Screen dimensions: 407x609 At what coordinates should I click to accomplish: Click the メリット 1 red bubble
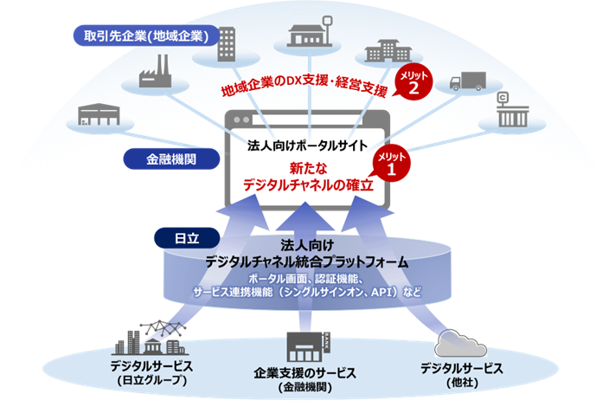click(x=390, y=164)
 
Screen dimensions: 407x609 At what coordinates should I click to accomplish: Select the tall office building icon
click(x=226, y=43)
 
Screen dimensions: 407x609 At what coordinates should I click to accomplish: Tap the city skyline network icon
click(x=159, y=339)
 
